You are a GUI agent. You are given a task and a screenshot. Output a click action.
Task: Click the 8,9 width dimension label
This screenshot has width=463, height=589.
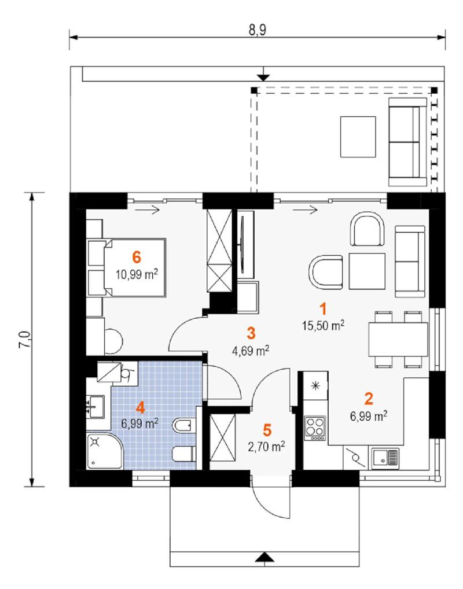(258, 30)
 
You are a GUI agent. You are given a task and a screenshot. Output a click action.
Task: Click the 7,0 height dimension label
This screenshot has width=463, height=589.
(24, 340)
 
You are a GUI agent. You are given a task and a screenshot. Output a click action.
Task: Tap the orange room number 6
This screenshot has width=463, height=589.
(137, 257)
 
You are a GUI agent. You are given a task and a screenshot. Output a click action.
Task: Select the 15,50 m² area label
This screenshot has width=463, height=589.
(323, 325)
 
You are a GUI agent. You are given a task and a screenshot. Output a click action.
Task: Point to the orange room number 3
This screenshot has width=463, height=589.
(251, 333)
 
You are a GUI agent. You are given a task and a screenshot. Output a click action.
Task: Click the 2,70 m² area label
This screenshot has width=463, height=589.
(266, 446)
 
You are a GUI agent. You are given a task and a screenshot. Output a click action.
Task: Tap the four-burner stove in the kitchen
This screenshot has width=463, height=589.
(315, 429)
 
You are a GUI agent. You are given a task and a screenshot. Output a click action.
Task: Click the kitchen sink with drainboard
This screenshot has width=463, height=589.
(385, 458)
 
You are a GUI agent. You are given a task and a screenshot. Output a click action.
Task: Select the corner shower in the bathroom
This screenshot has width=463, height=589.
(105, 451)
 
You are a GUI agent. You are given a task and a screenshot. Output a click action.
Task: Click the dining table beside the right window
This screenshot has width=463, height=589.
(398, 340)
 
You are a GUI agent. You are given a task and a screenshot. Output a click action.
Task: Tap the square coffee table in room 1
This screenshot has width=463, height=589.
(367, 271)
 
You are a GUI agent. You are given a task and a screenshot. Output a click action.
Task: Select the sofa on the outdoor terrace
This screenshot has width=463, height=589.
(407, 142)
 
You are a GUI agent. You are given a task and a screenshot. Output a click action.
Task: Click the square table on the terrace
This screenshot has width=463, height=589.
(358, 137)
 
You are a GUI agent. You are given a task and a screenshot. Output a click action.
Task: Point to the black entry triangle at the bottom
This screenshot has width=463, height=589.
(265, 557)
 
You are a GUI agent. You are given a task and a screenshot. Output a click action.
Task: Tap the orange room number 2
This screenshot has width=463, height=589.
(369, 399)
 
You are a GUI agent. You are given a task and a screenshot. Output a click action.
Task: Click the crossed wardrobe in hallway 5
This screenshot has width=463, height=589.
(222, 437)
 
